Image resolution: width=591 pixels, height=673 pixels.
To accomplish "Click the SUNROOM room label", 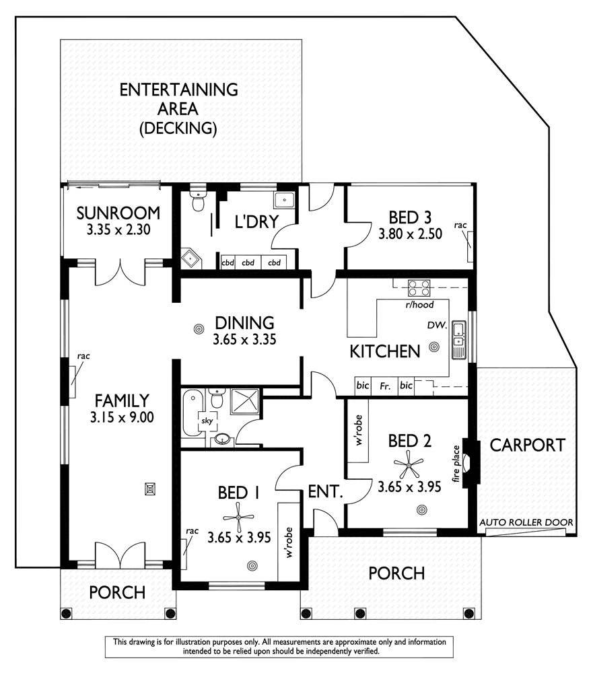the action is point(118,213).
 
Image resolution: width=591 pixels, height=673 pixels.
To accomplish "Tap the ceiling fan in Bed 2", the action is point(409,465).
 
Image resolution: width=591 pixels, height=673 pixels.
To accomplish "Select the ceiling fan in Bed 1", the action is point(239,518).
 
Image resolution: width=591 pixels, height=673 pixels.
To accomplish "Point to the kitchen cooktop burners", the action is point(419,287).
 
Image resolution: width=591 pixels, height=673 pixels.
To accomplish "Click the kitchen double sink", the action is point(459,339).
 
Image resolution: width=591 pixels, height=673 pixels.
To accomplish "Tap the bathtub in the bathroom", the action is point(191,413).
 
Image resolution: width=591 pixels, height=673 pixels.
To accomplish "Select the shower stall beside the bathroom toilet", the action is point(245,402).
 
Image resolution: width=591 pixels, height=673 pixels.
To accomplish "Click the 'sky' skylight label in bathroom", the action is point(207,421).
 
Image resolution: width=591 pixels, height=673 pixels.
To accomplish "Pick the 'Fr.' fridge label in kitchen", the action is point(385,386).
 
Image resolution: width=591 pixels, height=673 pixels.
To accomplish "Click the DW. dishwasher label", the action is point(437,325).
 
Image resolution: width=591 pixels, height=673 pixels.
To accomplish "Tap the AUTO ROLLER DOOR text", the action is point(526,522).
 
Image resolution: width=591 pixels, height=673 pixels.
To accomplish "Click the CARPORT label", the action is point(527,445).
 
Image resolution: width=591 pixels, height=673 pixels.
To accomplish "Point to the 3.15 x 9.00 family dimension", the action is point(122,417).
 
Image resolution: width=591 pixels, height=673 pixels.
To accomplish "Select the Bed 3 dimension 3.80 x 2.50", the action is point(410,234).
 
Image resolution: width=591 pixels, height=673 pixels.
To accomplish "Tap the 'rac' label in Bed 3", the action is point(460,225).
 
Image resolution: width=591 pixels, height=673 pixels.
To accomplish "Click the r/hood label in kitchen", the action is point(419,305).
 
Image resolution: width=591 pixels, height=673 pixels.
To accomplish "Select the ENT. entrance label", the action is point(326,491).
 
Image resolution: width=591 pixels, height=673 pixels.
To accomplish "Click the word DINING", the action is point(244,323).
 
